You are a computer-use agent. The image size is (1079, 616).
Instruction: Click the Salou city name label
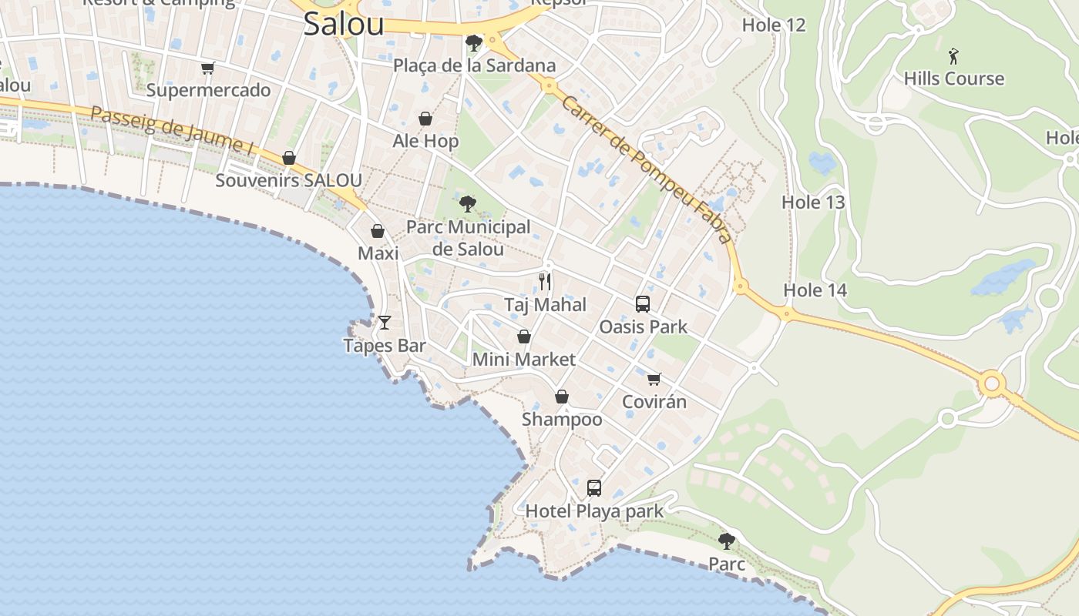point(343,24)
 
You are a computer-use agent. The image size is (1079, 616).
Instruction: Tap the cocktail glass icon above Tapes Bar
point(385,322)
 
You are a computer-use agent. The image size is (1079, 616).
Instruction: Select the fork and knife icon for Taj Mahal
point(545,281)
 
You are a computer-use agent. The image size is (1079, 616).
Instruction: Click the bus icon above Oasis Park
point(643,303)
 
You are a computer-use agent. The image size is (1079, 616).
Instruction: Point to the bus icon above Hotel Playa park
point(593,487)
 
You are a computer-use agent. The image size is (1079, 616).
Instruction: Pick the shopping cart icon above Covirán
point(654,378)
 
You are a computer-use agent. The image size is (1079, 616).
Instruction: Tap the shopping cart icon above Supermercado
point(207,68)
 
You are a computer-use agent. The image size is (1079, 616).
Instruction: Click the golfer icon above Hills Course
point(953,55)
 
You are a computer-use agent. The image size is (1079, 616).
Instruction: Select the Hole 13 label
point(813,203)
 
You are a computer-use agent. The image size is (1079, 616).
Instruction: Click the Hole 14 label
point(815,290)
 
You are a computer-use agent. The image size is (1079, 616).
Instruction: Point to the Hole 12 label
point(773,25)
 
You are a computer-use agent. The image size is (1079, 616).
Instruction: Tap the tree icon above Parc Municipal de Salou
point(467,204)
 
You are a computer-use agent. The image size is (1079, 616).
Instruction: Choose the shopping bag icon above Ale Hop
point(425,119)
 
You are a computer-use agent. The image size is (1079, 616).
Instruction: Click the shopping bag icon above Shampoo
point(562,397)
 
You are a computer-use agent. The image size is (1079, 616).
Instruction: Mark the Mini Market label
point(523,360)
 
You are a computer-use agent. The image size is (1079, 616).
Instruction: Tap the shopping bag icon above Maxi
point(378,231)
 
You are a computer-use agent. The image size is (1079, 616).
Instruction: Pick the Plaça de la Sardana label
point(474,65)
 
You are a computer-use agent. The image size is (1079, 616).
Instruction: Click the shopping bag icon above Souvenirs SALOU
point(289,158)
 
